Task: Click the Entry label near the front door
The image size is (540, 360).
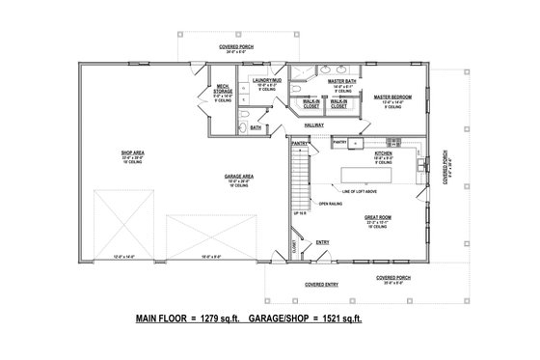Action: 322,242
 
